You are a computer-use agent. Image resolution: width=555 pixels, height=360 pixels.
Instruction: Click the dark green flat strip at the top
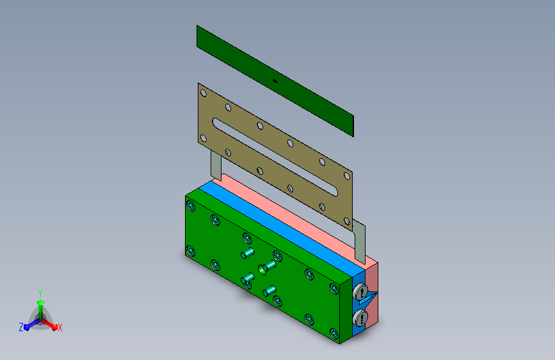pyautogui.click(x=275, y=81)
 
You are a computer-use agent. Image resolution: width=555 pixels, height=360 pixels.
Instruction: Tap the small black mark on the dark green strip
pyautogui.click(x=275, y=81)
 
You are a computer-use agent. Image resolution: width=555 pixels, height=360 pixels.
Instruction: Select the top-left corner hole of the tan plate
pyautogui.click(x=204, y=93)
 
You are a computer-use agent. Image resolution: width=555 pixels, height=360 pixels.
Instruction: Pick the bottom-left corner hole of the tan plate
pyautogui.click(x=204, y=138)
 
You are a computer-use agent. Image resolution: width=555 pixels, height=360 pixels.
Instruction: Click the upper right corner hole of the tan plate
pyautogui.click(x=347, y=176)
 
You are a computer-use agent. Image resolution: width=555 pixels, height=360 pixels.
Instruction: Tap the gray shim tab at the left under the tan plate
pyautogui.click(x=216, y=165)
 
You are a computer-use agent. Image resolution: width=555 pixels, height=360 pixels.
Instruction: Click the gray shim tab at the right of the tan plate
pyautogui.click(x=359, y=241)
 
